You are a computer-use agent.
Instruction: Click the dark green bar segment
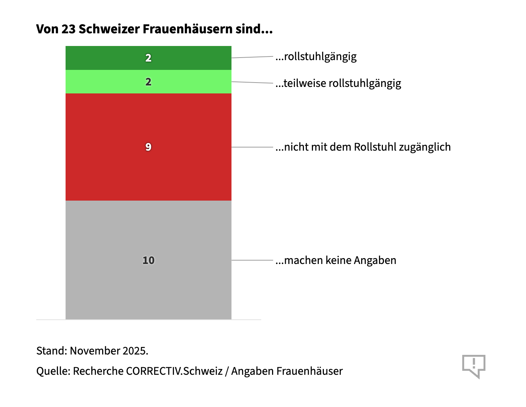coord(109,58)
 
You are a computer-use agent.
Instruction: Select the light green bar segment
coord(109,82)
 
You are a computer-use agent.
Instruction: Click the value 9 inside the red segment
coord(148,147)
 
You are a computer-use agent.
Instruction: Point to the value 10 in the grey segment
coord(149,260)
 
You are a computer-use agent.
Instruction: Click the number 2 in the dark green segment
coord(148,58)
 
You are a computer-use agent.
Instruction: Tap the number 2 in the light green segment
coord(148,82)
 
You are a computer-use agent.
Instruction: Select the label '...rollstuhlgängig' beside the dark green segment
coord(316,57)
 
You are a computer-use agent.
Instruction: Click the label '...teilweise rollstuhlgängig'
coord(338,84)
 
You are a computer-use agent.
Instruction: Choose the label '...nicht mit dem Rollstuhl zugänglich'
coord(363,147)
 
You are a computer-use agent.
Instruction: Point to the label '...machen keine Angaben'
coord(336,260)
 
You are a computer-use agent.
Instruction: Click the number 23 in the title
coord(68,29)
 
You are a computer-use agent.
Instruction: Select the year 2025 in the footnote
coord(135,351)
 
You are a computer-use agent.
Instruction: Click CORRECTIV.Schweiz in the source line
coord(174,371)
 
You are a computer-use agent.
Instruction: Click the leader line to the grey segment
coord(252,260)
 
